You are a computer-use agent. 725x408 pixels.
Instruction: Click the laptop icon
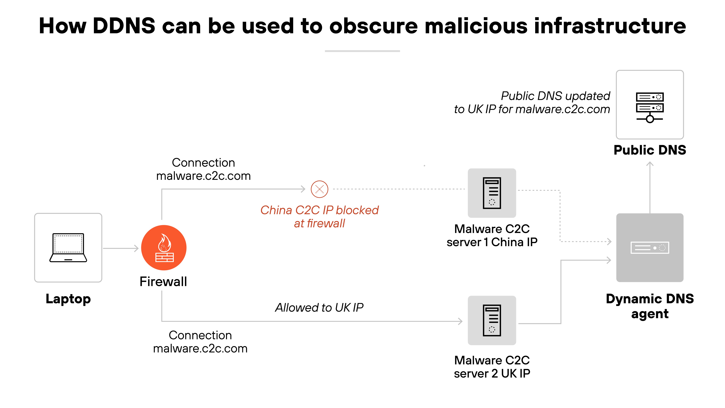click(68, 247)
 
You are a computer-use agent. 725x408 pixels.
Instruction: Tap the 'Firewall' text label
click(163, 282)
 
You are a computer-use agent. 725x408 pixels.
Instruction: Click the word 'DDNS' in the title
click(124, 26)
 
